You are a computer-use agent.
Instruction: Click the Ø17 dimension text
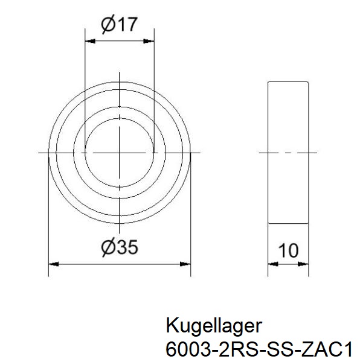coord(120,25)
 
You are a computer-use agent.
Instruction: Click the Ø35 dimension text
coord(120,247)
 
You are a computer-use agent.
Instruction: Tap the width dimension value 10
coord(289,250)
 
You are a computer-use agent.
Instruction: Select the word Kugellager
coord(213,326)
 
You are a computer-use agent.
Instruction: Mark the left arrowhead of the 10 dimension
coord(272,264)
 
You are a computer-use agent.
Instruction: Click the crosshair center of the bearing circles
coord(120,153)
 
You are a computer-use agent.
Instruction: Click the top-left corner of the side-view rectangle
coord(267,81)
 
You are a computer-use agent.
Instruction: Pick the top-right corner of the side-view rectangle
coord(310,81)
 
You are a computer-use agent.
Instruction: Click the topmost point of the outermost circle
coord(120,81)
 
